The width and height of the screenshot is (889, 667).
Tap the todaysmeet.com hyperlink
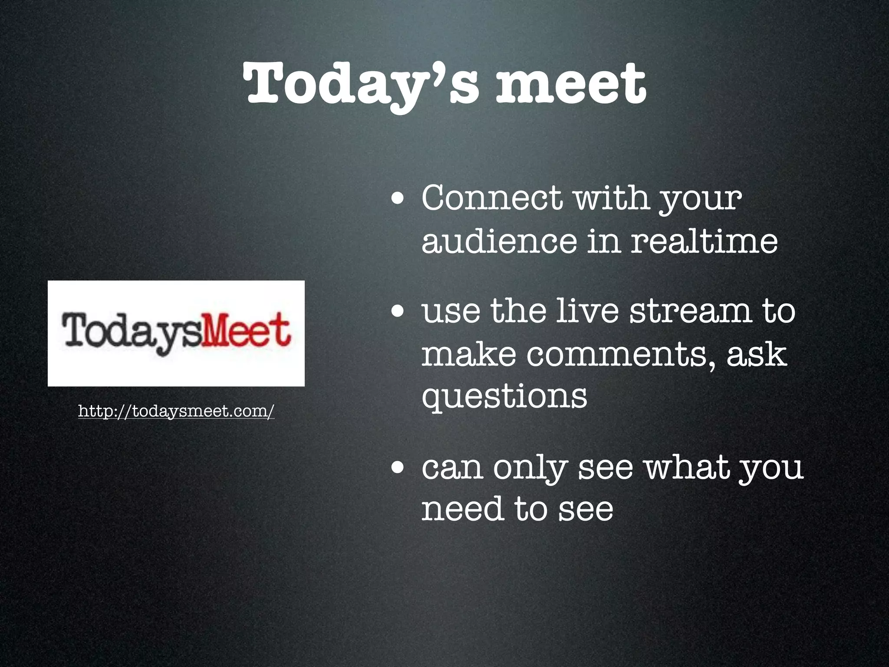[x=176, y=410]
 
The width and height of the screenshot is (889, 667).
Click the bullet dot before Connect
[x=398, y=200]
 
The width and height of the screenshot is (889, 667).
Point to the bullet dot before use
[x=398, y=312]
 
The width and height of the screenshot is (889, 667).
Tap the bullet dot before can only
[x=398, y=469]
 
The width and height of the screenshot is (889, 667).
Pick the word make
[x=469, y=354]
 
